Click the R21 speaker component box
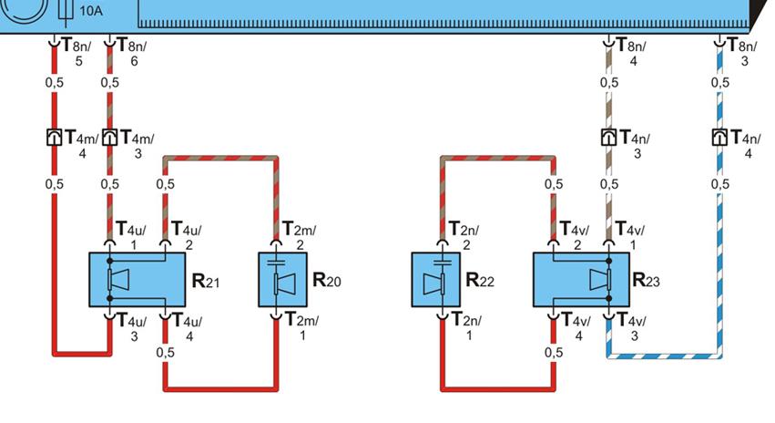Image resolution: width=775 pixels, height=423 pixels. pos(137,280)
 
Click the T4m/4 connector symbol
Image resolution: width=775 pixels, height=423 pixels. pos(53,138)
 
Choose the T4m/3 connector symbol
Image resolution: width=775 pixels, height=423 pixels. pos(109,138)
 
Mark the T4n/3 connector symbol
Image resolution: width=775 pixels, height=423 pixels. pos(608,138)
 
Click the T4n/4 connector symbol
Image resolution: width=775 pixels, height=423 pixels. pos(719,138)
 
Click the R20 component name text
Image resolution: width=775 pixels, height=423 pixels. pos(327,281)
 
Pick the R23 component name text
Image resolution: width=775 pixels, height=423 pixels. pos(648,281)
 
